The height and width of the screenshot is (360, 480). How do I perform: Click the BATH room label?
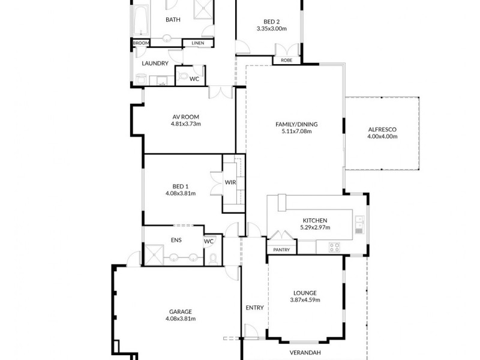coord(173,20)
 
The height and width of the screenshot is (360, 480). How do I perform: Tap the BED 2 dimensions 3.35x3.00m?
coord(271,28)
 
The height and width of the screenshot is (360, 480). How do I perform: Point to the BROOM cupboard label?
coord(140,43)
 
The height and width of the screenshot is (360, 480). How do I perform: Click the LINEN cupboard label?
coord(197,43)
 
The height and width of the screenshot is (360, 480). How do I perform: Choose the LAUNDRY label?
coord(155,63)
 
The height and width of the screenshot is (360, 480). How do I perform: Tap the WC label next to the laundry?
coord(194,79)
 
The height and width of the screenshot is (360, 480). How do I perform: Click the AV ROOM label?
coord(185,116)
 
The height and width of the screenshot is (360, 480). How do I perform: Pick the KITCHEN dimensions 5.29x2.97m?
coord(315,227)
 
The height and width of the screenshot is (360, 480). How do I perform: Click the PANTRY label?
coord(281,250)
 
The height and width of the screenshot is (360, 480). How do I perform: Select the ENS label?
coord(176,240)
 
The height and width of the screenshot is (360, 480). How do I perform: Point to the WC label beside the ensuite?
coord(209,241)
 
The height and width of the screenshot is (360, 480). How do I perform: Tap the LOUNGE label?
coord(305,293)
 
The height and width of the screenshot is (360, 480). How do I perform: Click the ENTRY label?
coord(254,308)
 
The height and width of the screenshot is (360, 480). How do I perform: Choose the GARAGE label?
coord(180,311)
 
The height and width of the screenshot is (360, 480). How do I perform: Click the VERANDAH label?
coord(305,352)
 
